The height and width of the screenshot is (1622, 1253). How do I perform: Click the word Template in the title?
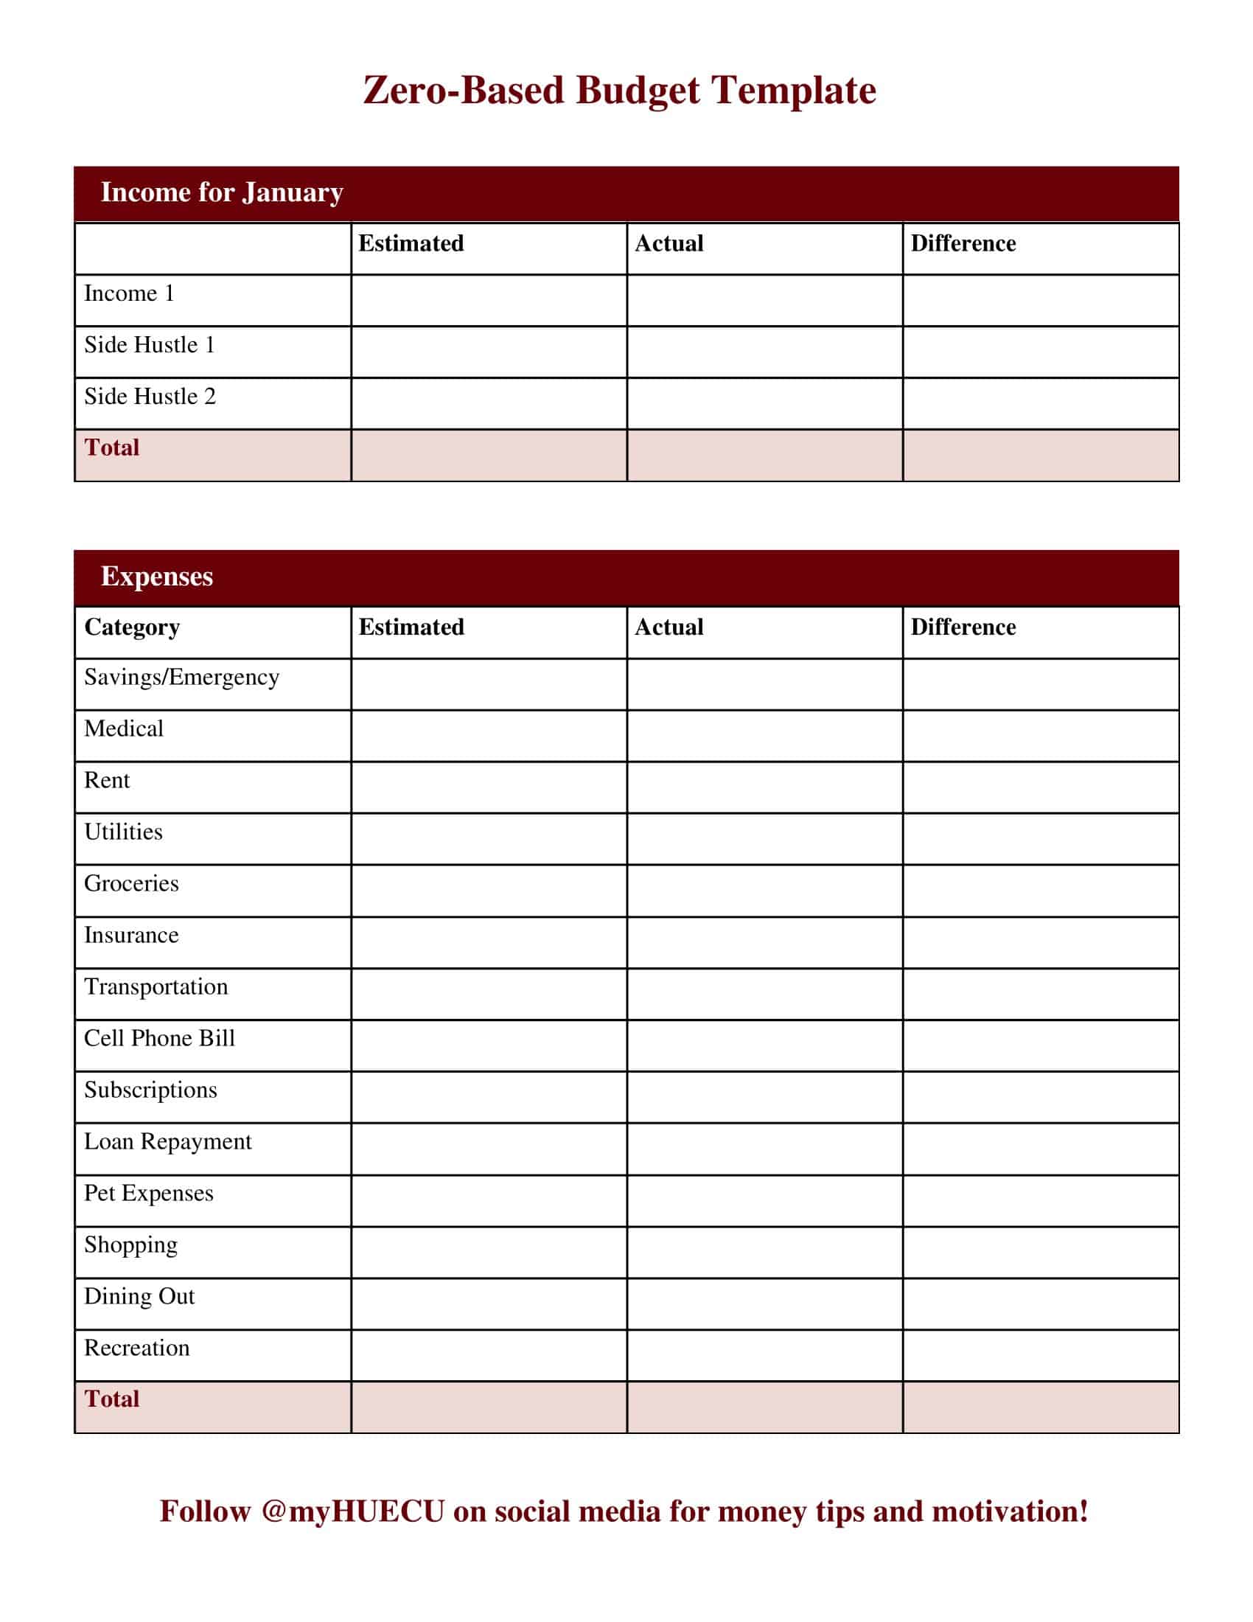point(793,91)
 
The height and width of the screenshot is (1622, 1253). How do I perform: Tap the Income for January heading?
point(221,192)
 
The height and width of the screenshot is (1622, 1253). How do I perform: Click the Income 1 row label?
point(129,293)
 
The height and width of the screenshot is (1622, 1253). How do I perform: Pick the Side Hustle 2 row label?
point(149,397)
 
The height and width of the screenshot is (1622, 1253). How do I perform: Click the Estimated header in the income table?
point(411,243)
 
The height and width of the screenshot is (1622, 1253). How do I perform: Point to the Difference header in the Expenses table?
point(963,627)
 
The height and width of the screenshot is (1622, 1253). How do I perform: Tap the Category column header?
point(131,627)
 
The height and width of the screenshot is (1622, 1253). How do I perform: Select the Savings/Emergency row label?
point(181,678)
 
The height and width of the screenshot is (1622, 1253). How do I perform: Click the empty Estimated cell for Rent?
point(489,787)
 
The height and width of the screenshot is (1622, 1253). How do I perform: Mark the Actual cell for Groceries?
point(764,891)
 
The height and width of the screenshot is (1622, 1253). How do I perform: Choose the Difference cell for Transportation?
point(1041,994)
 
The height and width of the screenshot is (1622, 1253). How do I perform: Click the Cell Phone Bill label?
point(159,1038)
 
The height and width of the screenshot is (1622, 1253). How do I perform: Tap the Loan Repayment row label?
point(168,1141)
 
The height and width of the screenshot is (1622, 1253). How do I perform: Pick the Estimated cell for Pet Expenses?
point(489,1200)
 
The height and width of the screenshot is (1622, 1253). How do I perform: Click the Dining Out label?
point(139,1297)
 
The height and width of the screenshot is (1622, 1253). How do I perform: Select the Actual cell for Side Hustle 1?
point(764,352)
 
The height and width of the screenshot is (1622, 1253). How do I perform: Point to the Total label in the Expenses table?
point(111,1399)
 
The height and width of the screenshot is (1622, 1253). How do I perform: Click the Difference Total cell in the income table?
point(1041,455)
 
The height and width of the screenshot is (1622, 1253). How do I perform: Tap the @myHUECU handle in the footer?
point(352,1512)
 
